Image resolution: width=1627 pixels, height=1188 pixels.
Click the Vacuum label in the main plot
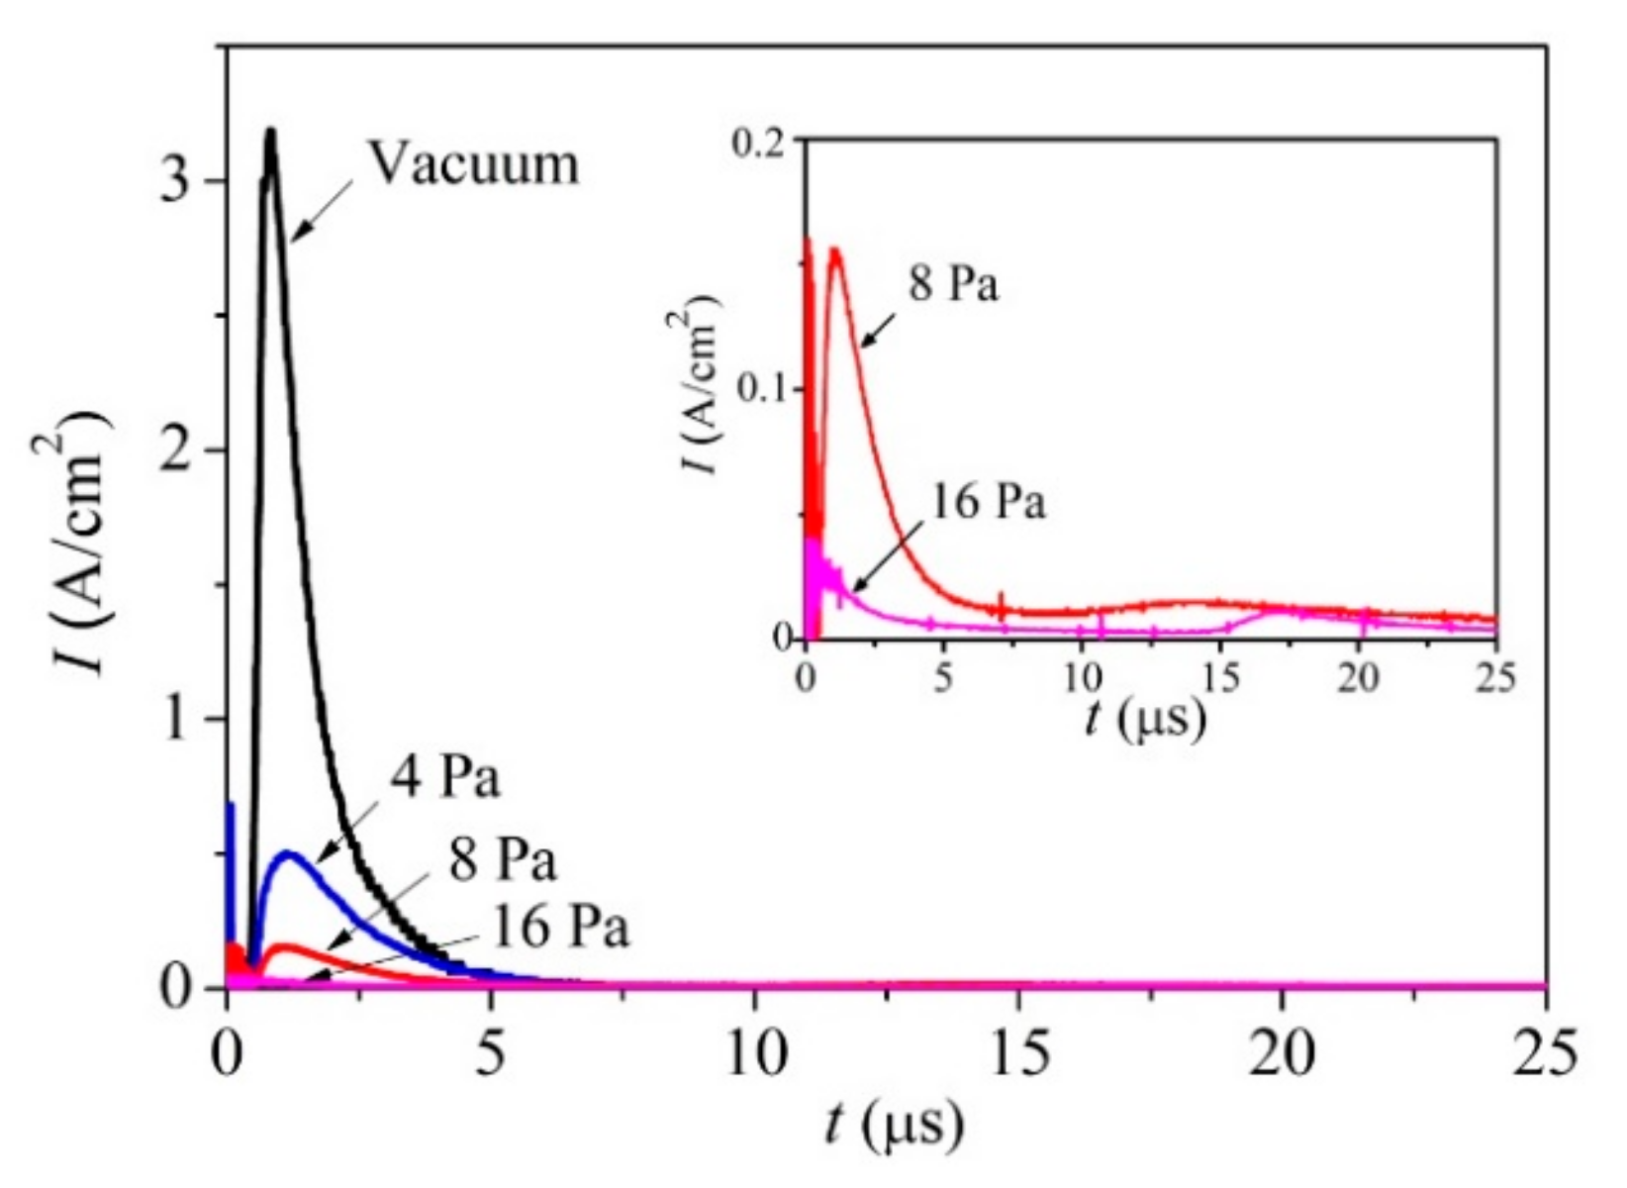coord(475,164)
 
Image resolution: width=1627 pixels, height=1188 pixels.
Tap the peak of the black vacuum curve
coord(269,132)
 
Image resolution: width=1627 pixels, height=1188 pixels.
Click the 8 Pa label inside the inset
coord(954,285)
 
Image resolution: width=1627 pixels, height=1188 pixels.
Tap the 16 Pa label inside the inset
coord(988,502)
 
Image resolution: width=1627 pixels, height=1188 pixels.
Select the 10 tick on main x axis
coord(754,1053)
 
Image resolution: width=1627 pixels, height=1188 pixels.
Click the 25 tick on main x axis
coord(1544,1053)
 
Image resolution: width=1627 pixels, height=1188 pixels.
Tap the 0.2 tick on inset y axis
coord(765,141)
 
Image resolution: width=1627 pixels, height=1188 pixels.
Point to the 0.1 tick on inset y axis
coord(765,388)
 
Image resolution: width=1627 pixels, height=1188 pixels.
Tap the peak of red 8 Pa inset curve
coord(835,250)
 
